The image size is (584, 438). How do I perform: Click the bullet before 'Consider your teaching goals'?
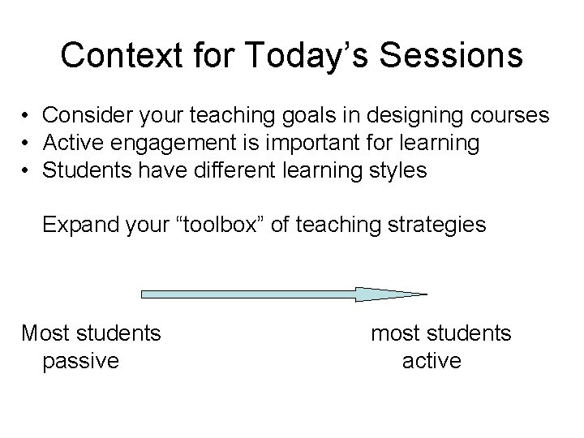(27, 116)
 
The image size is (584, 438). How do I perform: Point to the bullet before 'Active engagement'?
(27, 144)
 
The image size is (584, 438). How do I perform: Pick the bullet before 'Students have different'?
(27, 171)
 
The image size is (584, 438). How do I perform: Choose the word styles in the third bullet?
(397, 171)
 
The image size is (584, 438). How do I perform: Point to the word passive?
(79, 360)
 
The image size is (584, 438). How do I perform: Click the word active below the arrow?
(432, 360)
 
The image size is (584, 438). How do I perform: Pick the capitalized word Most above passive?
(46, 333)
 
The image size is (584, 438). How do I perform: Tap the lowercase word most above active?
(396, 333)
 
